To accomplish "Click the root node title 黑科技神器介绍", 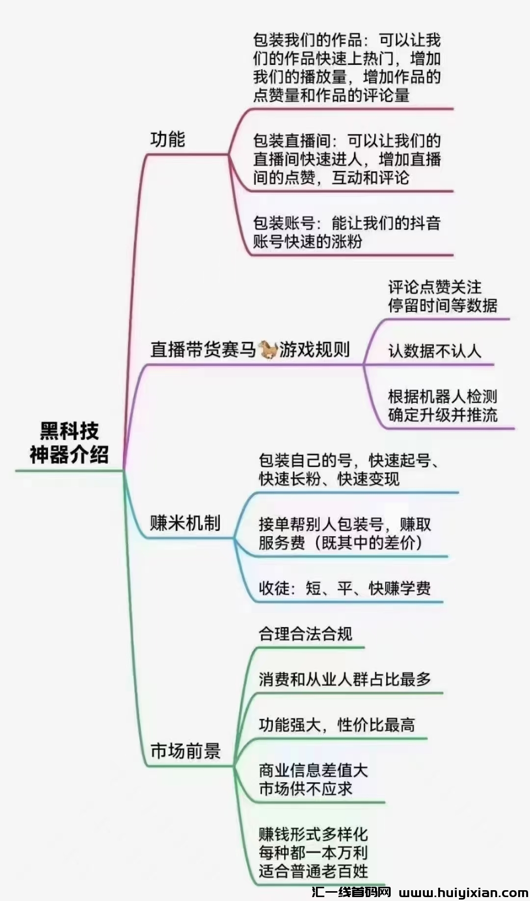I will pyautogui.click(x=69, y=442).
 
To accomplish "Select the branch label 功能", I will pyautogui.click(x=167, y=139).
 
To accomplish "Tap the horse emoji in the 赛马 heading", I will pyautogui.click(x=268, y=349).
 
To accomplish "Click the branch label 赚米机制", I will pyautogui.click(x=185, y=523).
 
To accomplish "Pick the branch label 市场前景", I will pyautogui.click(x=185, y=751).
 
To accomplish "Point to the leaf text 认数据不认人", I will pyautogui.click(x=434, y=351).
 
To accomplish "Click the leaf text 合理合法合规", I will pyautogui.click(x=305, y=633).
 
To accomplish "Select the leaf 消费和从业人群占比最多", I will pyautogui.click(x=344, y=679).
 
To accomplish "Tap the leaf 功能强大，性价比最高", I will pyautogui.click(x=337, y=725).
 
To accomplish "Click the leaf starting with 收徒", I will pyautogui.click(x=344, y=588).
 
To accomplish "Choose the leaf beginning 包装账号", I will pyautogui.click(x=346, y=232).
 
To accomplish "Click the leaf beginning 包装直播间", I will pyautogui.click(x=346, y=159).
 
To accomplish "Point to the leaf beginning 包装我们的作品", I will pyautogui.click(x=346, y=68).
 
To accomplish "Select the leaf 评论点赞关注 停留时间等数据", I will pyautogui.click(x=442, y=296).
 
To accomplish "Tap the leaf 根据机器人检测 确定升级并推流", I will pyautogui.click(x=442, y=406).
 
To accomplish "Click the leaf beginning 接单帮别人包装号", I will pyautogui.click(x=344, y=533).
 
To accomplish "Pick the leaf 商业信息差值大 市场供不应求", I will pyautogui.click(x=313, y=779).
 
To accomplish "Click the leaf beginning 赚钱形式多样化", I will pyautogui.click(x=313, y=852).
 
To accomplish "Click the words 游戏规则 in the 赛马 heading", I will pyautogui.click(x=315, y=350).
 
